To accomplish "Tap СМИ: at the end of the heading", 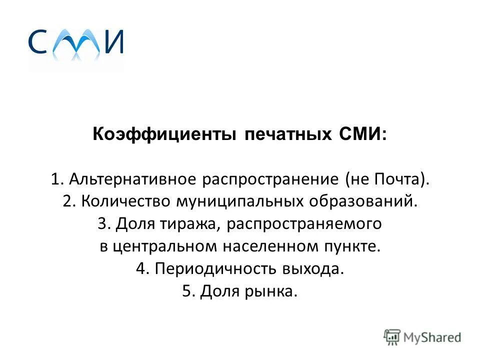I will click(x=361, y=135).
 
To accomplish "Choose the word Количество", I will click(x=125, y=202).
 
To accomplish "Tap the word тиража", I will click(x=186, y=224).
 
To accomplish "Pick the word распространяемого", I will click(x=303, y=224).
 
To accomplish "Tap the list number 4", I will click(x=141, y=269).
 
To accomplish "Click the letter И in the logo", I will click(x=114, y=42).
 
